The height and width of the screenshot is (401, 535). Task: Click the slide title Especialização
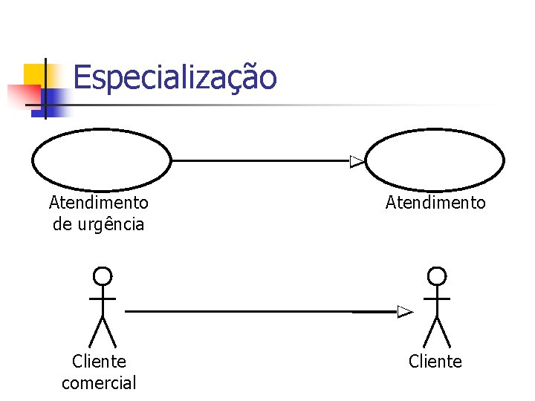pos(175,77)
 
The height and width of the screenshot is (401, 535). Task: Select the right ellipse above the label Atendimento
pos(435,160)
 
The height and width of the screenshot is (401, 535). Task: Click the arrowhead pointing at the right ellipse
pos(357,161)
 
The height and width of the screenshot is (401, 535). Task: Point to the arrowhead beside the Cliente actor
pos(404,312)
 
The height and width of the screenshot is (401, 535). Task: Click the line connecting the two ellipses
pos(260,160)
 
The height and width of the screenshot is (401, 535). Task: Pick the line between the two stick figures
pos(260,312)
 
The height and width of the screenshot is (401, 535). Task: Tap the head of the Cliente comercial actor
pos(103,277)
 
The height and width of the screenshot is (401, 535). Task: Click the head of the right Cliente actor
pos(437,277)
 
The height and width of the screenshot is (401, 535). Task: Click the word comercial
pos(99,383)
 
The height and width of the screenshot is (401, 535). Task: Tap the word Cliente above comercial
pos(99,362)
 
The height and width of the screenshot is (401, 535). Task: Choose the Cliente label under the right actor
pos(435,362)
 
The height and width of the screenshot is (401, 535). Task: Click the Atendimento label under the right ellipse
pos(435,203)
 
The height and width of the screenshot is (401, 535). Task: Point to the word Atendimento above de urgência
pos(99,203)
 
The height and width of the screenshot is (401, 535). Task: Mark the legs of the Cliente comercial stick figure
pos(103,333)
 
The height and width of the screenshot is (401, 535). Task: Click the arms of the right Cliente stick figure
pos(437,298)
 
